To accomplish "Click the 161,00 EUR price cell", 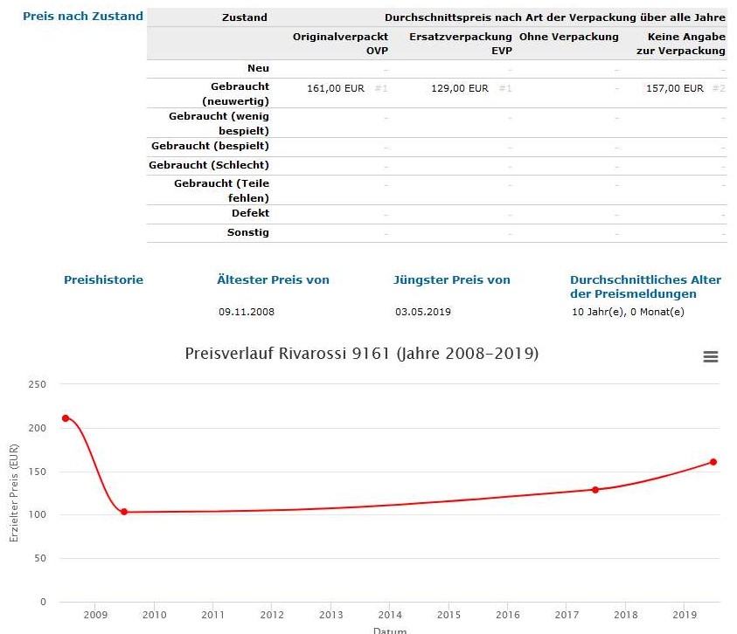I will click(336, 88).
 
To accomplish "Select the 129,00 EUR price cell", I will click(460, 88).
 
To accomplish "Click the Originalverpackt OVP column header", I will click(340, 44).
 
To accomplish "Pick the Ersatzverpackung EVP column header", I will click(460, 44).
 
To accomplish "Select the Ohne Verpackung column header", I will click(568, 37).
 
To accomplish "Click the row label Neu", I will click(258, 68).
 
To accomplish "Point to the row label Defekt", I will click(250, 213).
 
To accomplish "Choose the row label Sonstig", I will click(248, 232).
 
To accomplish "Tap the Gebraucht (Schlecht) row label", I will click(209, 165).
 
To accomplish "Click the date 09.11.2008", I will click(247, 312).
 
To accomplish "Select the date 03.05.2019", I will click(423, 312).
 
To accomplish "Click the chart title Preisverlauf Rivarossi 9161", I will click(362, 354).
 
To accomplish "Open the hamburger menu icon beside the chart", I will click(710, 356).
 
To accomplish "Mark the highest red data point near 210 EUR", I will click(66, 418).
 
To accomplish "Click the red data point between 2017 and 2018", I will click(595, 490).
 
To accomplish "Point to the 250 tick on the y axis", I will click(38, 384).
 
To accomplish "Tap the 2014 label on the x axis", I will click(390, 616).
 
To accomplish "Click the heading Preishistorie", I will click(103, 280).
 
